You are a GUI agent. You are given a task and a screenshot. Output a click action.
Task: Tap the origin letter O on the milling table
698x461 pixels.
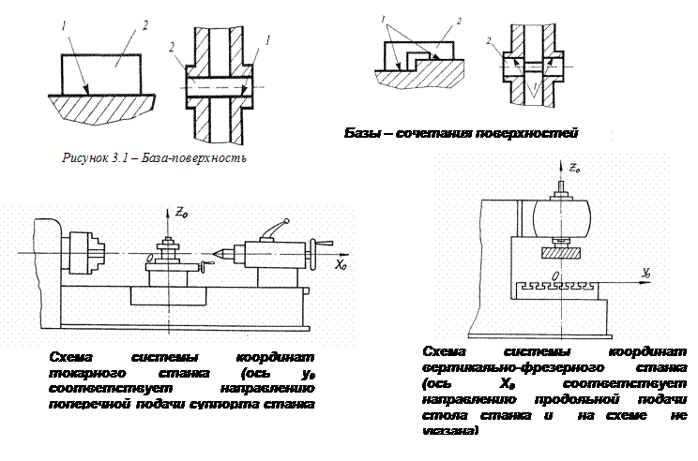tap(556, 275)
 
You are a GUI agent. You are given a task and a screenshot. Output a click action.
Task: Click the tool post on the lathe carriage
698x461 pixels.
tap(171, 250)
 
